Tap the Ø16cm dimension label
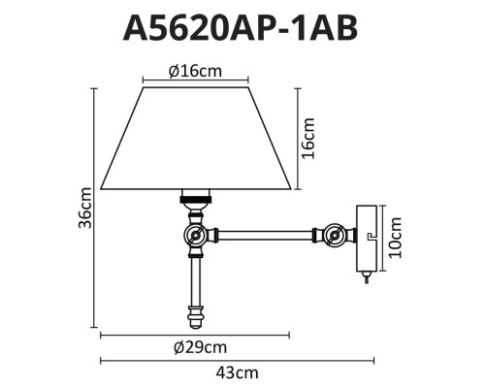pyautogui.click(x=195, y=70)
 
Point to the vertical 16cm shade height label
pyautogui.click(x=309, y=137)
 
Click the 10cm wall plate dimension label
pyautogui.click(x=397, y=235)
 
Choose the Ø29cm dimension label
pyautogui.click(x=195, y=348)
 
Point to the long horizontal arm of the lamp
pyautogui.click(x=267, y=234)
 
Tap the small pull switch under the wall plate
pyautogui.click(x=367, y=277)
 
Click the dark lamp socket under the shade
pyautogui.click(x=196, y=201)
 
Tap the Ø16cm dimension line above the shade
pyautogui.click(x=195, y=81)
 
